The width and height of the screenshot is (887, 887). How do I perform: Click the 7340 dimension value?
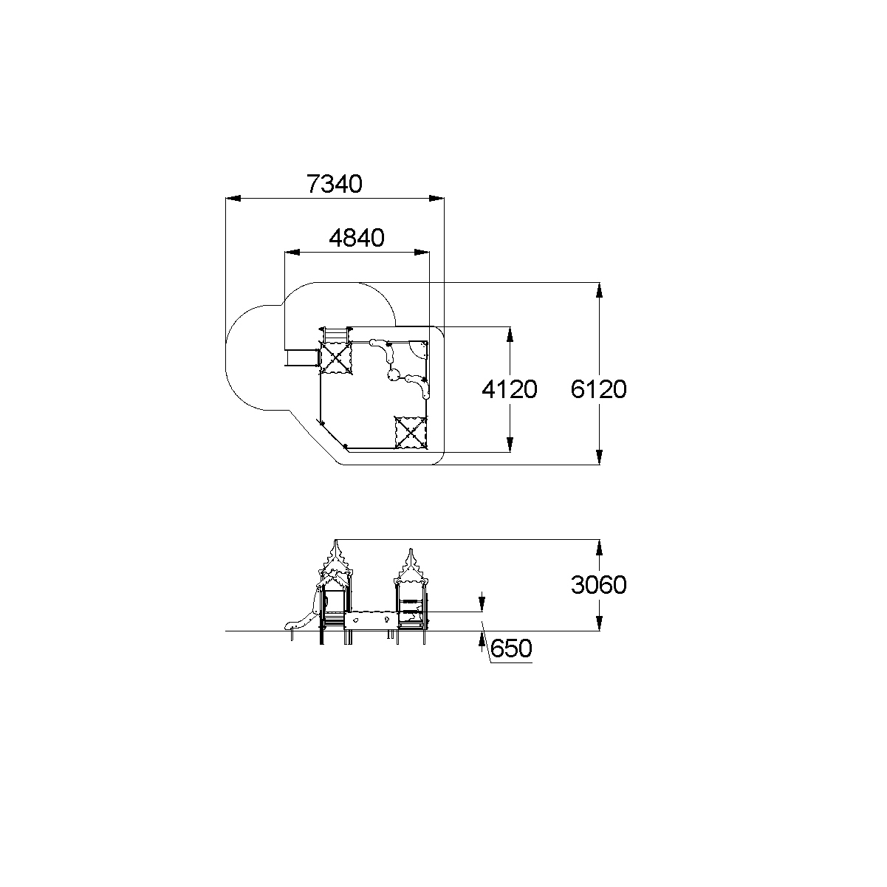(x=335, y=184)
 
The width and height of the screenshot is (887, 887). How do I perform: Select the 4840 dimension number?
(x=357, y=238)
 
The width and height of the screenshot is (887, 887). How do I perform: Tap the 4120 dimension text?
(x=510, y=389)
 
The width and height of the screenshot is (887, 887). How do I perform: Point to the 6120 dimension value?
(x=599, y=389)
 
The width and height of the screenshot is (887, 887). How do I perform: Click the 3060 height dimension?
(x=599, y=585)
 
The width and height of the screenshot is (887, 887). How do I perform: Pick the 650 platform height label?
(x=511, y=648)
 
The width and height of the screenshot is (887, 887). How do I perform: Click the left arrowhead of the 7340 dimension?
(x=233, y=199)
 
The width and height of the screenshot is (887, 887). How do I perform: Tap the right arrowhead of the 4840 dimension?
(x=422, y=253)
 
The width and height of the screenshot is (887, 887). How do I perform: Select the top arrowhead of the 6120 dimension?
(x=599, y=290)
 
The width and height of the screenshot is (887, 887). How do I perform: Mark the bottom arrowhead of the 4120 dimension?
(x=510, y=445)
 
